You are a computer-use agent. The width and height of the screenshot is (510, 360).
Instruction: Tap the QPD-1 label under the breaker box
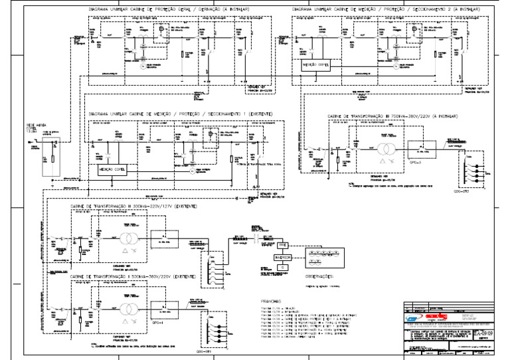[x=157, y=326]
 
